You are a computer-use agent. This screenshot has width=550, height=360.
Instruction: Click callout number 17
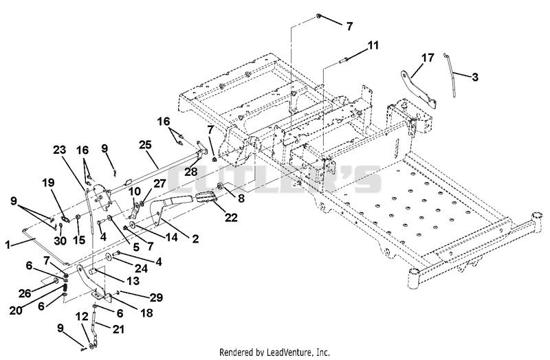428,58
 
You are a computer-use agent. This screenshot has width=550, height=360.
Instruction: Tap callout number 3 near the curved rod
475,77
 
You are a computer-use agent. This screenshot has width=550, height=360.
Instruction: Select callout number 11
373,45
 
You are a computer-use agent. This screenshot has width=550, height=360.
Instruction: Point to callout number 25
145,144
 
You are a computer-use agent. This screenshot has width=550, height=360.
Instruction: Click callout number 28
191,172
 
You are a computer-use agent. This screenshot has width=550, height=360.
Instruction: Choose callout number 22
231,217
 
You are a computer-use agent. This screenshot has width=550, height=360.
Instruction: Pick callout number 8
241,199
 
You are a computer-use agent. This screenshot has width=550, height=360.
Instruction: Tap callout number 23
60,150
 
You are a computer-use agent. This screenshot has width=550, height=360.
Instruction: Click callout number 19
48,182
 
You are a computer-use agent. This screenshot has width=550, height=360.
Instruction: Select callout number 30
60,240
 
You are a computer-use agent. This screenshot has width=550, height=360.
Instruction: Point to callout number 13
133,281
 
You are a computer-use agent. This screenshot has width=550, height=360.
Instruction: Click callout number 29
156,297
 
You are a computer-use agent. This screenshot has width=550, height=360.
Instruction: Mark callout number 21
118,330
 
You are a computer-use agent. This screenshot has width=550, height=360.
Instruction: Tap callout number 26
25,293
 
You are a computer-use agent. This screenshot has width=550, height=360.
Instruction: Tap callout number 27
159,183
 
